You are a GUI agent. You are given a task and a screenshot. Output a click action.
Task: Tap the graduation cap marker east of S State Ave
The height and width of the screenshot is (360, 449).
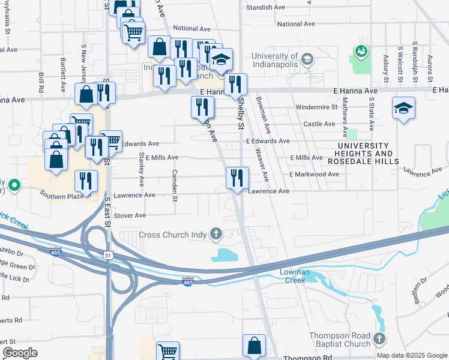[403, 108]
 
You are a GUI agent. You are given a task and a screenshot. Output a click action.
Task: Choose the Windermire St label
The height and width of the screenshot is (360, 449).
[316, 107]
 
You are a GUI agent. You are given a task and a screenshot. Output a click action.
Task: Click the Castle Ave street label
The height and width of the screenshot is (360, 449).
[319, 124]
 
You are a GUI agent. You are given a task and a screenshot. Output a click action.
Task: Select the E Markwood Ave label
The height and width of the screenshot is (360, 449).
[314, 174]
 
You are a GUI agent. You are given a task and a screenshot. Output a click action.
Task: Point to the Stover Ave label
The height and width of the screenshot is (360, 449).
[130, 215]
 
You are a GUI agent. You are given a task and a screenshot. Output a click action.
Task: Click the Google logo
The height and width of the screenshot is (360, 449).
[20, 353]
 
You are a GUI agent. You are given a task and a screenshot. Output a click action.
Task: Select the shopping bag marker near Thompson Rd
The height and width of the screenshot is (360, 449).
[254, 345]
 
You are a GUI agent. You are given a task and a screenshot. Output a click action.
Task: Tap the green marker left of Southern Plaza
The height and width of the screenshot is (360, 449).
[14, 184]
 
